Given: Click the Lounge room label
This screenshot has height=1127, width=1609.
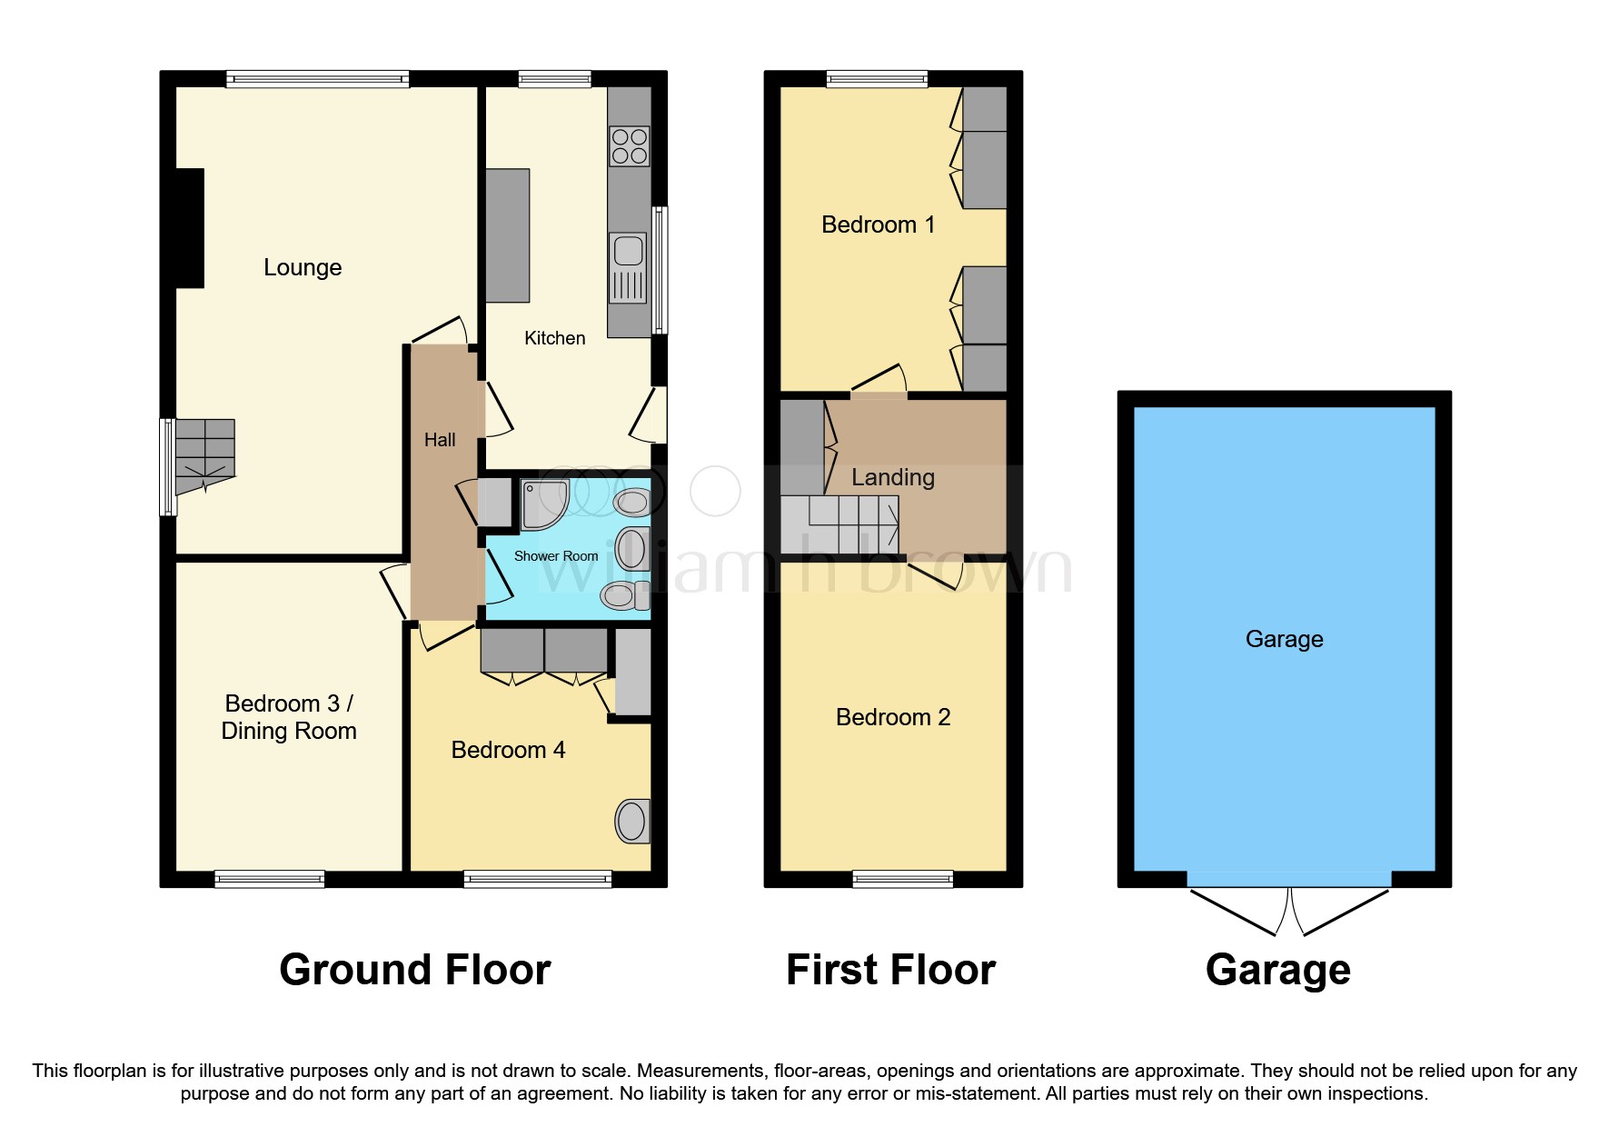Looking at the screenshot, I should coord(303,267).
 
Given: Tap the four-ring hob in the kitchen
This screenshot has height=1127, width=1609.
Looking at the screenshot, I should coord(630,146).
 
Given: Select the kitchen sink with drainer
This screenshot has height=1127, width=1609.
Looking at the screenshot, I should coord(629,267).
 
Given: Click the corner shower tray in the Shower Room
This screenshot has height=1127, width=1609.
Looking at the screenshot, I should coord(542,503).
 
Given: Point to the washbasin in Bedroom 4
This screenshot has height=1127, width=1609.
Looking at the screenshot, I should coord(631,822).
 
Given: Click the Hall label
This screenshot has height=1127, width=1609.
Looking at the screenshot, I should coord(440,440).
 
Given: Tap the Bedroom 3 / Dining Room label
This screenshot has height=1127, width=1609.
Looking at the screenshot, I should coord(289,717).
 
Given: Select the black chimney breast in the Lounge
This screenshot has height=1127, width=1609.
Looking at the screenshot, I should coord(189,228).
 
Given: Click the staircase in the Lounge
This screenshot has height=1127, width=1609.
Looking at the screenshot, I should coord(205,454).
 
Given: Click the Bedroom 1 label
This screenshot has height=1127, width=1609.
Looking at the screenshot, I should coord(878,224).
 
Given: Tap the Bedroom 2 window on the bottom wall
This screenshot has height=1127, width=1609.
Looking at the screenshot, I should coord(902,878).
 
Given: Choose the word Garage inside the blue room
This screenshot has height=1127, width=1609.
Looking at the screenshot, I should coord(1284,639).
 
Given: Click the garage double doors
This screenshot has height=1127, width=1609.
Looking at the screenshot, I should coord(1288,910).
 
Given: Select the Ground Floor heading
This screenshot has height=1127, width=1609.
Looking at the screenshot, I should coord(414,970).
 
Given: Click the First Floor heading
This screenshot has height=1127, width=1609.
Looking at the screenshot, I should coord(890,970).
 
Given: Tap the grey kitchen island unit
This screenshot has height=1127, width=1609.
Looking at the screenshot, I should coord(507,235).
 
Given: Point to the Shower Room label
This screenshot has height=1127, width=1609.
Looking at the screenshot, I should coord(556,556).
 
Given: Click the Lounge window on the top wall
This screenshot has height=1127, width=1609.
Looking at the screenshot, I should coord(317,80).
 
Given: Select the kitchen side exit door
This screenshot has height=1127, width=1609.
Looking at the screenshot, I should coord(651,415).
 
